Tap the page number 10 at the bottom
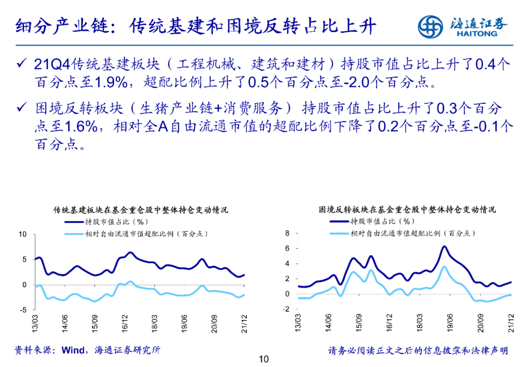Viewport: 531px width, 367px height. (264, 359)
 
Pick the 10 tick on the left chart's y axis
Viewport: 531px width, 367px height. (22, 234)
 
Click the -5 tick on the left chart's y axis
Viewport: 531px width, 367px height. (23, 310)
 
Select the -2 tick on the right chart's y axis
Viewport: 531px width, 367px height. (287, 309)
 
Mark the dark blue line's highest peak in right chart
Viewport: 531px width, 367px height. (444, 246)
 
